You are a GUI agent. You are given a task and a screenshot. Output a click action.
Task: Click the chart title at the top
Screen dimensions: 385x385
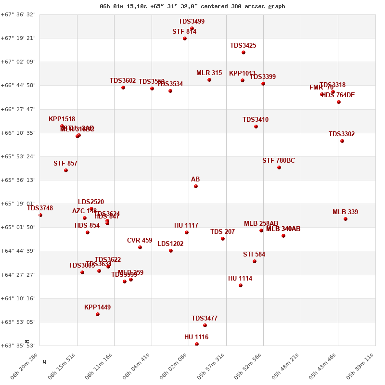[x=192, y=6]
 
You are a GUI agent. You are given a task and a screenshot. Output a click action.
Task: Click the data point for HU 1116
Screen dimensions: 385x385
[x=197, y=344]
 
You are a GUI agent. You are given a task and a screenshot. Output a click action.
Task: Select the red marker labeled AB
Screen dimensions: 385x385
[x=196, y=186]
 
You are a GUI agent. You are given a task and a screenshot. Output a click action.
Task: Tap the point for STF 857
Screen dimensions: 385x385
[x=66, y=170]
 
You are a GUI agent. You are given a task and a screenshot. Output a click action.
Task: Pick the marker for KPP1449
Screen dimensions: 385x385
[x=98, y=314]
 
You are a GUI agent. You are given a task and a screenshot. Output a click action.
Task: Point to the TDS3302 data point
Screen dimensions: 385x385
[x=342, y=141]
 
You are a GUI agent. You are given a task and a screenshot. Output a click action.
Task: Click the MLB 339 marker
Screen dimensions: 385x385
[x=346, y=219]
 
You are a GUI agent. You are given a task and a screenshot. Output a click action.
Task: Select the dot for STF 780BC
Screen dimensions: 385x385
[x=279, y=167]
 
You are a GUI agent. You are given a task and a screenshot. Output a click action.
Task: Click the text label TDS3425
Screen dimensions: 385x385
[x=243, y=46]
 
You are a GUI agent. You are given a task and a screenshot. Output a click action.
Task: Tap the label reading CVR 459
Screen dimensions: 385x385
[x=140, y=241]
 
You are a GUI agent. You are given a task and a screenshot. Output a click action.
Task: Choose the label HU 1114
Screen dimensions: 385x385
[x=240, y=279]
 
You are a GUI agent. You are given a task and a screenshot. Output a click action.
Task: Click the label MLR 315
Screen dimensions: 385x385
[x=209, y=73]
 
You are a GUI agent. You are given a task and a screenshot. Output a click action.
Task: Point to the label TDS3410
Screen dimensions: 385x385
[x=256, y=120]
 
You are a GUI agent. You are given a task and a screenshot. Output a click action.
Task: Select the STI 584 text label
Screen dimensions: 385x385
[x=254, y=255]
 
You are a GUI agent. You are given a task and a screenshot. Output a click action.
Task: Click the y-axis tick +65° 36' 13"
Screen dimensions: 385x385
[x=18, y=180]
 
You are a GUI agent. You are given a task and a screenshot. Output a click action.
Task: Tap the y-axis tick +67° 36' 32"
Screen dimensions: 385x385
[x=18, y=14]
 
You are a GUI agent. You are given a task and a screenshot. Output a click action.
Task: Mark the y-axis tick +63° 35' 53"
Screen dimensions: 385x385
[x=18, y=346]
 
